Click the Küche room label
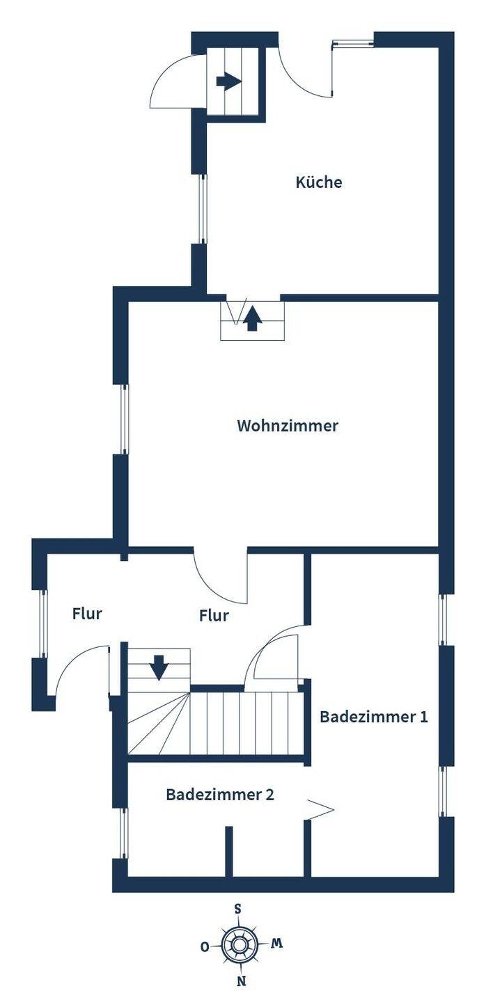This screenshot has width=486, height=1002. click(x=319, y=182)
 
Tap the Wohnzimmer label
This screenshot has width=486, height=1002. click(x=288, y=426)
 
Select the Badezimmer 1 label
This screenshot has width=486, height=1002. click(x=373, y=717)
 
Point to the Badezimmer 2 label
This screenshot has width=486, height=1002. click(x=220, y=795)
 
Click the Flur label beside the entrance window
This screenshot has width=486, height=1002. click(x=87, y=614)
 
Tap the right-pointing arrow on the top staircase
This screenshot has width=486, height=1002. click(x=228, y=81)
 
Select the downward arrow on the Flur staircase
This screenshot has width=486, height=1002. click(x=159, y=667)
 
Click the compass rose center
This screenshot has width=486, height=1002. click(x=240, y=945)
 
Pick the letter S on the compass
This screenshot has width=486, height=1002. click(x=238, y=909)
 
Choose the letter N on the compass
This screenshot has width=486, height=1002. click(x=241, y=983)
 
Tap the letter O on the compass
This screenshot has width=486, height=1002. click(x=205, y=946)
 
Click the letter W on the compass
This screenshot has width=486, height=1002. click(x=276, y=944)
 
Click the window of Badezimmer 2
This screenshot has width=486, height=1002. click(x=124, y=832)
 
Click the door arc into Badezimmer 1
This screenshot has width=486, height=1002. click(x=273, y=654)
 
